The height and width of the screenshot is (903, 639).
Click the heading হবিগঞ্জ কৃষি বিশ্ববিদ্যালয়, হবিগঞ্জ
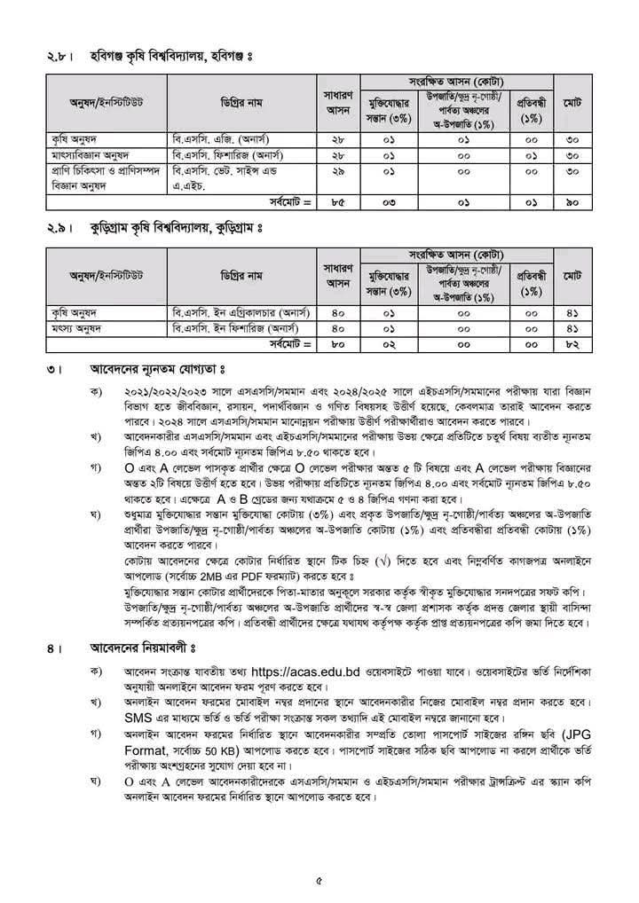coord(169,58)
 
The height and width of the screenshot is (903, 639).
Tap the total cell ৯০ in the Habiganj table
coord(572,202)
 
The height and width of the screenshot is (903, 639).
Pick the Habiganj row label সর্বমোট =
coord(292,202)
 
